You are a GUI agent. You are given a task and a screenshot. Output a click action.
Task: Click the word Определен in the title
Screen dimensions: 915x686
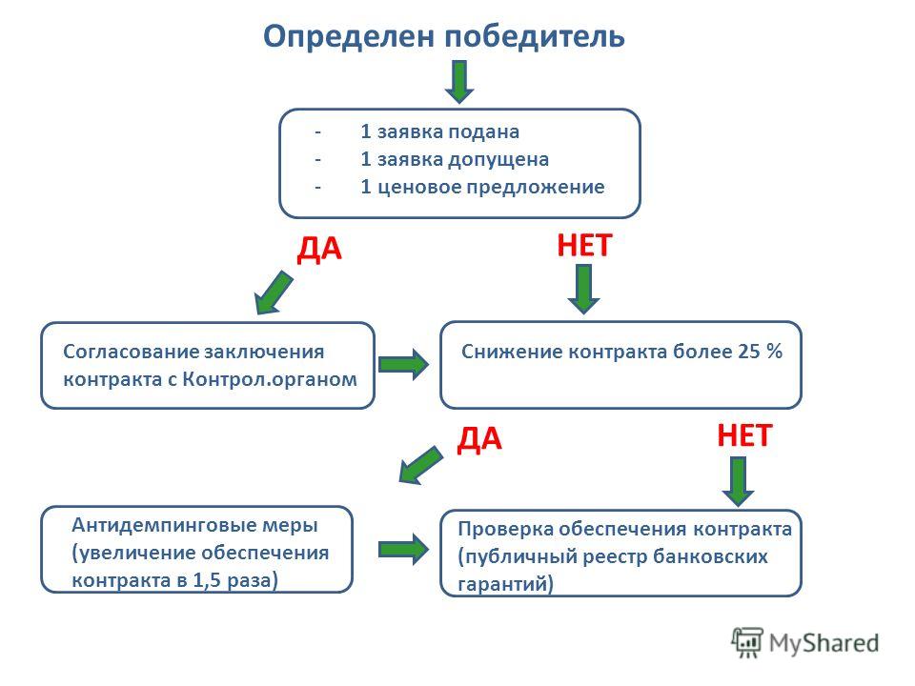tap(350, 36)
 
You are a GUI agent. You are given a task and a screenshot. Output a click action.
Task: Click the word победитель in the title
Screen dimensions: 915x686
tap(535, 36)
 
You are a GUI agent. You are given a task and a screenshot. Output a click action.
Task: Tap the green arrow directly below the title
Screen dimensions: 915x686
tap(459, 82)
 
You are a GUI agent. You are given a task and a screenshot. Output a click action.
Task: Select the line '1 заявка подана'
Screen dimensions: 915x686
tap(440, 131)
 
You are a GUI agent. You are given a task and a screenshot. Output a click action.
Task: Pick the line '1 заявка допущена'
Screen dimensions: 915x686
tap(455, 159)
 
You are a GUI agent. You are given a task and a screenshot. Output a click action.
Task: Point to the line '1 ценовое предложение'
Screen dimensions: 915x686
tap(482, 187)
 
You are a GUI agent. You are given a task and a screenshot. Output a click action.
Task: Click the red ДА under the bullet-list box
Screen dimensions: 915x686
tap(319, 249)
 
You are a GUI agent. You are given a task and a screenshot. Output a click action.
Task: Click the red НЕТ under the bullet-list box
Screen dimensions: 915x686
tap(584, 245)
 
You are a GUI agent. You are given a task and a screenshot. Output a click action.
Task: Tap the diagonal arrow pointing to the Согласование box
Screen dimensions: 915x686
tap(274, 293)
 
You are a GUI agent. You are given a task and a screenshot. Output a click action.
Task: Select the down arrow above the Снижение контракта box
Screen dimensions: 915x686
tap(583, 290)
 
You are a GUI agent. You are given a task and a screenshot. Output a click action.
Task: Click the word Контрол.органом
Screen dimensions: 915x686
tap(270, 379)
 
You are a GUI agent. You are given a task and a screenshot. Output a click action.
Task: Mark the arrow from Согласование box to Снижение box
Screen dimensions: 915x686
tap(404, 365)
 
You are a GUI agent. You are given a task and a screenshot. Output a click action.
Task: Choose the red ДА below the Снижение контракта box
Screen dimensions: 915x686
tap(479, 439)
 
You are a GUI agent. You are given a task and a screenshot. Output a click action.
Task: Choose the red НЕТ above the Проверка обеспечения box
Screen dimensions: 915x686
tap(744, 435)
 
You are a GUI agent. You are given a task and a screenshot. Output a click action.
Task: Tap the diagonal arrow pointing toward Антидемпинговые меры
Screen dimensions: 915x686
tap(420, 465)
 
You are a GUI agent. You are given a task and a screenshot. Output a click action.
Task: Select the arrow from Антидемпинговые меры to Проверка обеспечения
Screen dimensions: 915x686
tap(404, 549)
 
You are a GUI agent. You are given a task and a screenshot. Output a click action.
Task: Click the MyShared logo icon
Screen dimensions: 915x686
tap(747, 642)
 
